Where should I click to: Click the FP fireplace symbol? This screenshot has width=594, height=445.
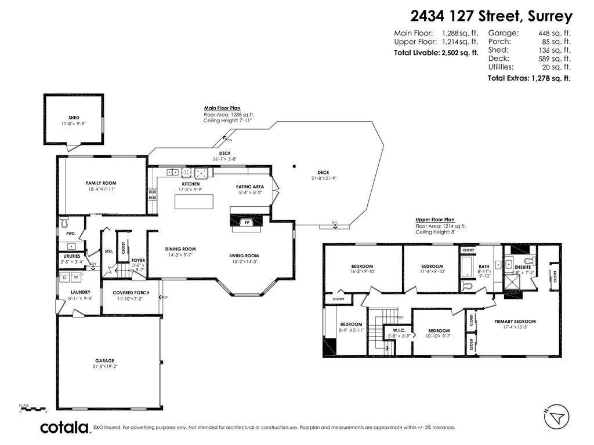[x=247, y=222]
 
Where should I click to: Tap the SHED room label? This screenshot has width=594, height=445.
[x=74, y=117]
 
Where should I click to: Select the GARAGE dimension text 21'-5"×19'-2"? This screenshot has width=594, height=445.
[x=105, y=366]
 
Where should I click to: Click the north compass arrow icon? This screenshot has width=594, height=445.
[x=557, y=416]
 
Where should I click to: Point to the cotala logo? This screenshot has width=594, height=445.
[x=64, y=428]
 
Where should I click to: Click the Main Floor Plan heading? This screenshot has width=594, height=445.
[x=222, y=108]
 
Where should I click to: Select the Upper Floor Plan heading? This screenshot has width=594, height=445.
[x=435, y=220]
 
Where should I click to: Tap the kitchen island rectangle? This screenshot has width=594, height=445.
[x=194, y=201]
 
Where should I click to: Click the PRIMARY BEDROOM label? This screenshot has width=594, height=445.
[x=515, y=321]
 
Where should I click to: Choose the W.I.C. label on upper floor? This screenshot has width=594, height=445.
[x=399, y=330]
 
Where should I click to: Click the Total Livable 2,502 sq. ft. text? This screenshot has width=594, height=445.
[x=436, y=53]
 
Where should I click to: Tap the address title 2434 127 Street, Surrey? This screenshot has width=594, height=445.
[x=490, y=16]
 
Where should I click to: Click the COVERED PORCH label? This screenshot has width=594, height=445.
[x=131, y=292]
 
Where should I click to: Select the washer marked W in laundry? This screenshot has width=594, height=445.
[x=75, y=278]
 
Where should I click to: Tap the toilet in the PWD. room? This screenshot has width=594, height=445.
[x=64, y=221]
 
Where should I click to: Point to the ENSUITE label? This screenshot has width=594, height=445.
[x=521, y=267]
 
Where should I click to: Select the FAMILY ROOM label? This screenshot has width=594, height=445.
[x=102, y=183]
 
